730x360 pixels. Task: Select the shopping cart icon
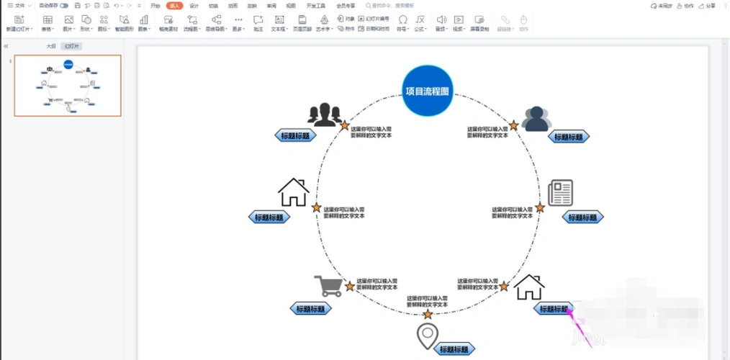[328, 286]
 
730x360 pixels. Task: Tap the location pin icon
[428, 336]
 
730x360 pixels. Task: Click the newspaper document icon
[560, 192]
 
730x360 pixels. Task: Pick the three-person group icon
[323, 114]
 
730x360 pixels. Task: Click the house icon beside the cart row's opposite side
[529, 287]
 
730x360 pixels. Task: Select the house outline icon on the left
[293, 192]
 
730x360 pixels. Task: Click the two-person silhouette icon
[536, 118]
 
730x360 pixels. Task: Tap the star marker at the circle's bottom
[428, 315]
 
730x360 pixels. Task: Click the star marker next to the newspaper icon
[539, 208]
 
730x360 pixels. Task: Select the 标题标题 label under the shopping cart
[312, 309]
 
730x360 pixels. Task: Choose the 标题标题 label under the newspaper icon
[582, 217]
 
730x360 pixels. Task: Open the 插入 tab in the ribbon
[174, 5]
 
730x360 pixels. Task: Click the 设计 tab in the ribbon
[194, 5]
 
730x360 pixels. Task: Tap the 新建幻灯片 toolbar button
[18, 23]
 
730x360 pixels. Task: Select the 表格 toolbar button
[47, 23]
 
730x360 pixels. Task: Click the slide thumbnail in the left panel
[68, 86]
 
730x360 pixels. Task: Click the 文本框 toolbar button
[279, 23]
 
